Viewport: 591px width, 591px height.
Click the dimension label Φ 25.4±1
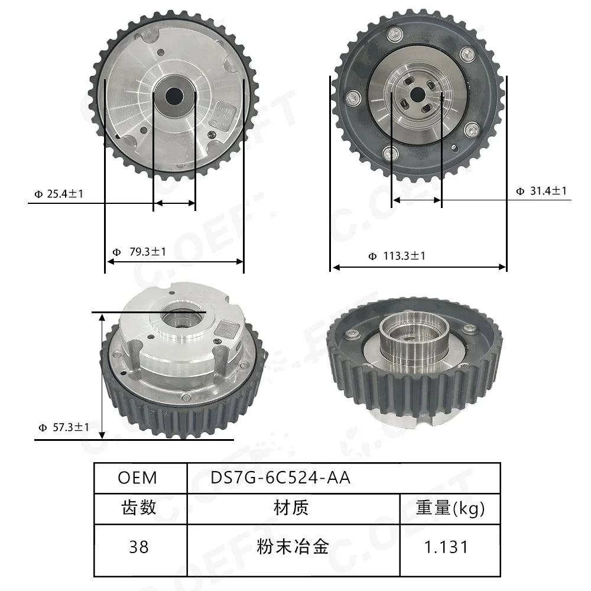pyautogui.click(x=59, y=194)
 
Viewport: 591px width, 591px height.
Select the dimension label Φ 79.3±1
pyautogui.click(x=139, y=252)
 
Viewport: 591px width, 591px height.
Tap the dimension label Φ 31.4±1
pyautogui.click(x=541, y=191)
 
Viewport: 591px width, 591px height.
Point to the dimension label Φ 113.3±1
pyautogui.click(x=397, y=256)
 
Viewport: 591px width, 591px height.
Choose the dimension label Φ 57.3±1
pyautogui.click(x=64, y=427)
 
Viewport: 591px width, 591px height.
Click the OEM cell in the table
pyautogui.click(x=137, y=478)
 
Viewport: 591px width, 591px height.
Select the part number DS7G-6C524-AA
pyautogui.click(x=280, y=478)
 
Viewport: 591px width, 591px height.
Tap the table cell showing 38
pyautogui.click(x=139, y=547)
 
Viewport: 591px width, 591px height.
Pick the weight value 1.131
pyautogui.click(x=446, y=547)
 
